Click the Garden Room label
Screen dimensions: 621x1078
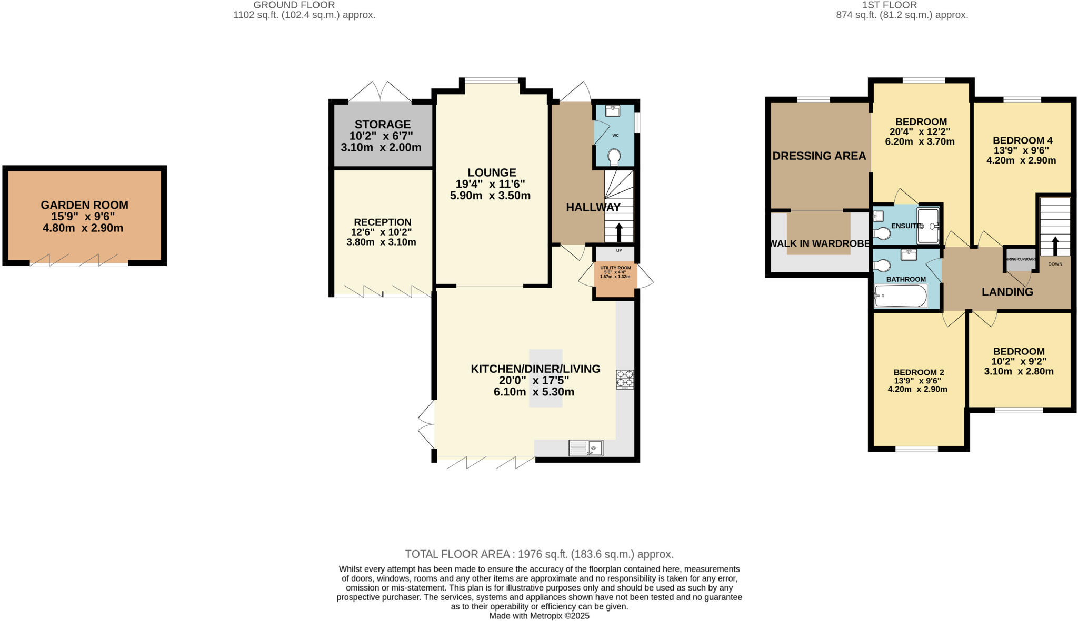pos(84,205)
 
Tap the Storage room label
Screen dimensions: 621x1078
pos(382,125)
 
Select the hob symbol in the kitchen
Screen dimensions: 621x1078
pos(625,379)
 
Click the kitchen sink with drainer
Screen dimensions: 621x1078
pos(585,448)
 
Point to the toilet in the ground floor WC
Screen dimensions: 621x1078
pos(614,156)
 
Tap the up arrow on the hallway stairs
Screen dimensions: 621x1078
pos(618,232)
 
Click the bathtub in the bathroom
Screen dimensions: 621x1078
pos(900,296)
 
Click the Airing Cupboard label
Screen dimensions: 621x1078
pos(1021,259)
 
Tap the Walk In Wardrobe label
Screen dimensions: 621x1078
pos(820,243)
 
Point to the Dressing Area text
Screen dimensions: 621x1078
pos(819,156)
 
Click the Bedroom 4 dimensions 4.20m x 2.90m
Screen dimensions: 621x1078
pos(1021,160)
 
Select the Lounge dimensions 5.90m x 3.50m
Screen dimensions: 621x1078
pos(490,196)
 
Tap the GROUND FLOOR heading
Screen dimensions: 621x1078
pos(294,5)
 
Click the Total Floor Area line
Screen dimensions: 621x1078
pos(539,554)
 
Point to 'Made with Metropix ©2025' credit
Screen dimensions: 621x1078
pos(539,616)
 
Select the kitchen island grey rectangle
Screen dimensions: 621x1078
pos(545,378)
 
